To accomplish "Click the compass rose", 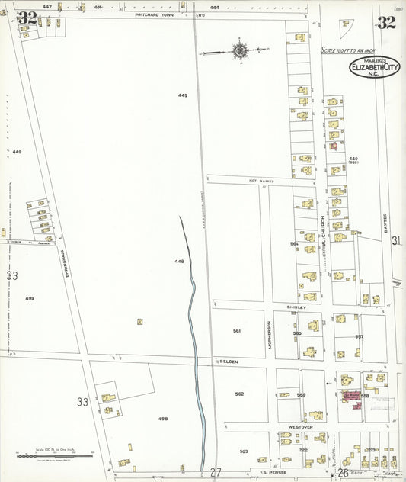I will tap(240, 51).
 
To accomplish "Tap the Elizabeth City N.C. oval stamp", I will tap(374, 69).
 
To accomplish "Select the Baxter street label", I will tap(387, 222).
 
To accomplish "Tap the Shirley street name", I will tap(296, 307).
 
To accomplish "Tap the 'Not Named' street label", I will tap(261, 181).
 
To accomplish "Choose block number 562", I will tap(239, 394).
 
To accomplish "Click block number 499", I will tap(30, 297).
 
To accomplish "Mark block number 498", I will tap(162, 419).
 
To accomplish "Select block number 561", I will tap(237, 331).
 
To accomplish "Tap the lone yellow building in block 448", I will tap(139, 322).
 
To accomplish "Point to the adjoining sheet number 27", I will tap(216, 472).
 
